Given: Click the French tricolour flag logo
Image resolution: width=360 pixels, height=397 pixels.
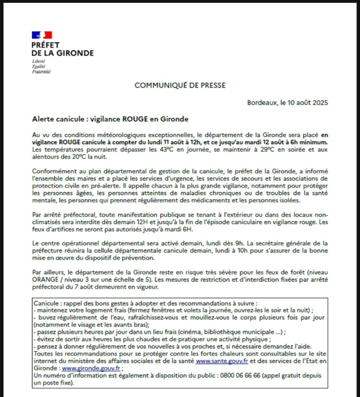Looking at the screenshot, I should coord(42,35).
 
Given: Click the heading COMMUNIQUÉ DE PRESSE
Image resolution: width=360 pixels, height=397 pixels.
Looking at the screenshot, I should coord(180,85).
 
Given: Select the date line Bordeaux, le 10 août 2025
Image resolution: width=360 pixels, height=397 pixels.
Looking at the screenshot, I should coord(288,103).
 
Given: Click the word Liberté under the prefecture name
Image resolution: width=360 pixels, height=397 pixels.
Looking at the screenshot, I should coord(39,61).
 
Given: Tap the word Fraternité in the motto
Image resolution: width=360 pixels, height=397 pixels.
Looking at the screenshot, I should coord(41,72).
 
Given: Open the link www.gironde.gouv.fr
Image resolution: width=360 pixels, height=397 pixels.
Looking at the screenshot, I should coord(91,368).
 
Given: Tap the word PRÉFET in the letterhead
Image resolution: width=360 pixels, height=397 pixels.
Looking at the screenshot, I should coord(46,45).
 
